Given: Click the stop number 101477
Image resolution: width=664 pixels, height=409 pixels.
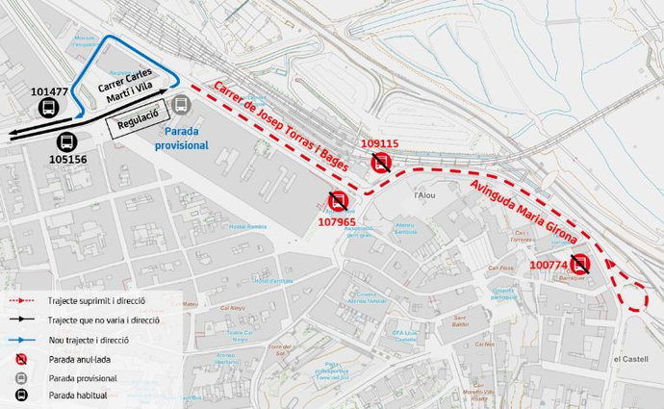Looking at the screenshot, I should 50,92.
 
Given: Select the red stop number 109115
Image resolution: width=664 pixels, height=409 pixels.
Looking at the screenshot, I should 379,144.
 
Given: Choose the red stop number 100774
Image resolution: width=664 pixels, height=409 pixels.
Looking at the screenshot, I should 549,264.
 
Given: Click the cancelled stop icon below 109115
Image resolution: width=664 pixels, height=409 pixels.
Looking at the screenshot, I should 382,163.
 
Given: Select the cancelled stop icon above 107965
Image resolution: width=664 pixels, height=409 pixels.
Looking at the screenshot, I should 338,202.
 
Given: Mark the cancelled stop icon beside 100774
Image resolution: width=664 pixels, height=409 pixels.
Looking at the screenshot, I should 579,264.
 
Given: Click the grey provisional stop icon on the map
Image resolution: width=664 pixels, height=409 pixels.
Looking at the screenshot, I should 181,105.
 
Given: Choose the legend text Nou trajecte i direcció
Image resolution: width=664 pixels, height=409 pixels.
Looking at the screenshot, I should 88,340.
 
